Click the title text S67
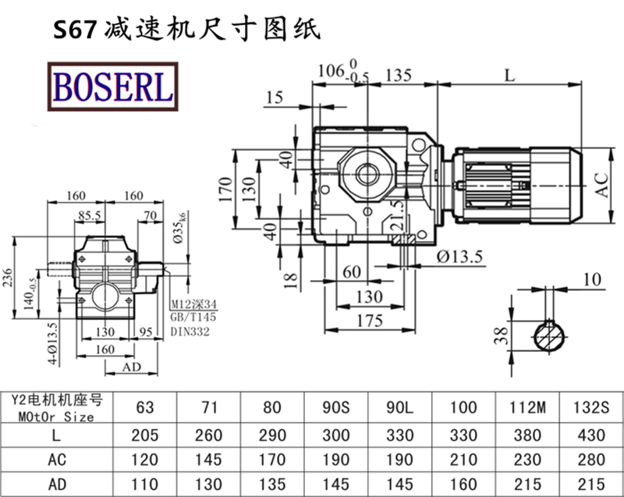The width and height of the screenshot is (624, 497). click(x=74, y=30)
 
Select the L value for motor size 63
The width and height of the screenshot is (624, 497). click(x=144, y=435)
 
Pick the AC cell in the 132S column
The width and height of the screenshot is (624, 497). click(x=591, y=460)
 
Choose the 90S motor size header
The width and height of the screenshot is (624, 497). click(x=335, y=406)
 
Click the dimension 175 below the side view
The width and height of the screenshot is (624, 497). click(x=370, y=321)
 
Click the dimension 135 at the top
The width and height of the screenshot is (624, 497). click(x=399, y=76)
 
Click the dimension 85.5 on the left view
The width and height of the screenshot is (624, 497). click(x=92, y=215)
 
